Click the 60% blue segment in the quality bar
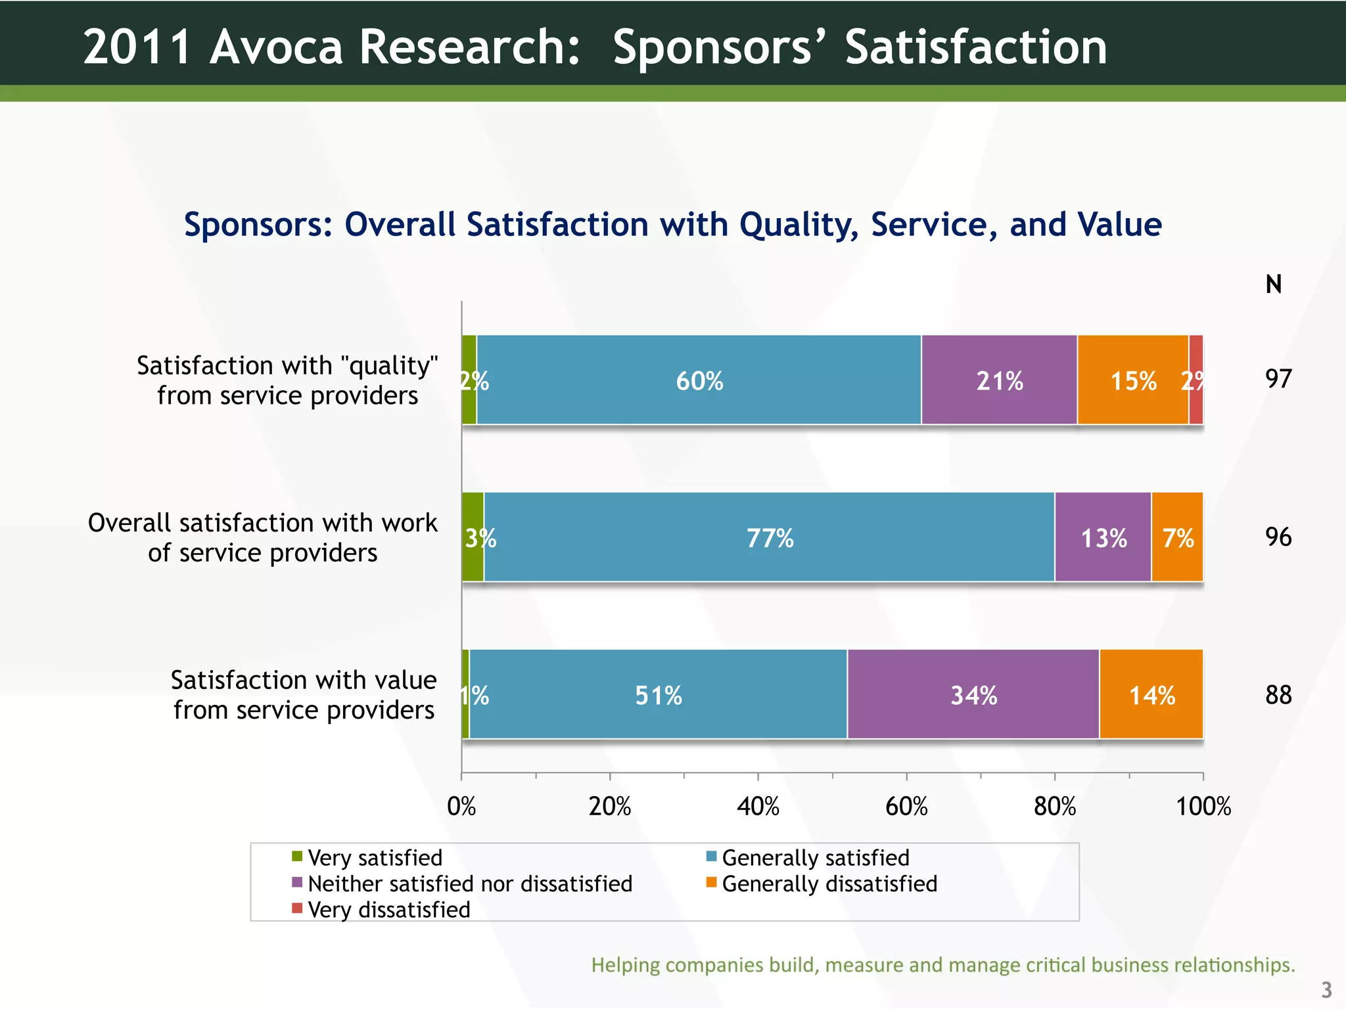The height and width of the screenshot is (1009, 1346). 699,380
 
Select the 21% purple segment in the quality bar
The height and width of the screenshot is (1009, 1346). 999,380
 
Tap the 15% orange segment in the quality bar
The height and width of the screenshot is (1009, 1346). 1132,380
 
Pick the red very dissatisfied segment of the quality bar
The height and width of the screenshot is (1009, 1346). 1195,380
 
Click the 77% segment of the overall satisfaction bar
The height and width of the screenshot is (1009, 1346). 769,537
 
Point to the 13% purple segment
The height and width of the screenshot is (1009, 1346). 1103,537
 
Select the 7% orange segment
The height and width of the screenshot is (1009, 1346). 1177,537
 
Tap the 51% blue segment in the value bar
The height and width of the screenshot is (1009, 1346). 658,694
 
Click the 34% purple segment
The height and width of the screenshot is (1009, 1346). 973,694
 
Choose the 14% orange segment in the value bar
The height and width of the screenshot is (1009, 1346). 1151,694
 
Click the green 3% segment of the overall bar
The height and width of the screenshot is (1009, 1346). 473,537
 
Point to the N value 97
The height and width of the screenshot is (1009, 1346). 1278,379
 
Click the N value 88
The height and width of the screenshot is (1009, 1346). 1278,695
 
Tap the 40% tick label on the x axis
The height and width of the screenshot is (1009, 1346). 758,806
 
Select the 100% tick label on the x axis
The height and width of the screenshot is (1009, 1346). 1203,806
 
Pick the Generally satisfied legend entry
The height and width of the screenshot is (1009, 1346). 815,858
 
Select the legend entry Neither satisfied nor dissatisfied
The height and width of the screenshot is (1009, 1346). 469,884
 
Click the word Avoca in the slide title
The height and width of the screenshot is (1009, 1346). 276,47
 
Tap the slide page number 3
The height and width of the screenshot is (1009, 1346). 1326,989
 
